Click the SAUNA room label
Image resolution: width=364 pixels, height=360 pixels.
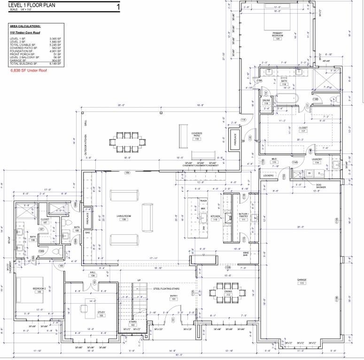(x=266, y=100)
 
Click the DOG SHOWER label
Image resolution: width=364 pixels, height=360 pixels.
(x=321, y=185)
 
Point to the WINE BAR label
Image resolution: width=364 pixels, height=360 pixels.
(x=245, y=253)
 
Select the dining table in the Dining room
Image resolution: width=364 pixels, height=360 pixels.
(x=228, y=291)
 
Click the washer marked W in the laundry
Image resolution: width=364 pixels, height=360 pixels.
(x=309, y=173)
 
